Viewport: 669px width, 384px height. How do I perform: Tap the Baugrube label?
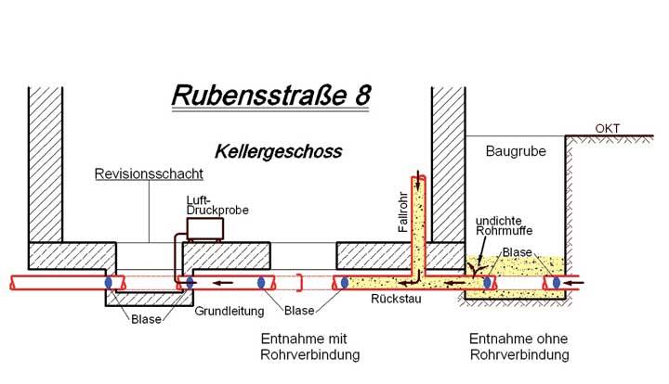[518, 150]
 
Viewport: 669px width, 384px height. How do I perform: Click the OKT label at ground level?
[610, 128]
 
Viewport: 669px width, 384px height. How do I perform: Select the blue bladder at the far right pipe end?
[557, 280]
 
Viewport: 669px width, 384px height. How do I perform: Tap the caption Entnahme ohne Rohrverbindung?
[520, 346]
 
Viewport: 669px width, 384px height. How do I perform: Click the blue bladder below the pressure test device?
[190, 281]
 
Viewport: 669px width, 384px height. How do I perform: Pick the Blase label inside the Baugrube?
[516, 251]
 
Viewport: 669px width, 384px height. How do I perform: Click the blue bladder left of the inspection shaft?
[109, 281]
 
